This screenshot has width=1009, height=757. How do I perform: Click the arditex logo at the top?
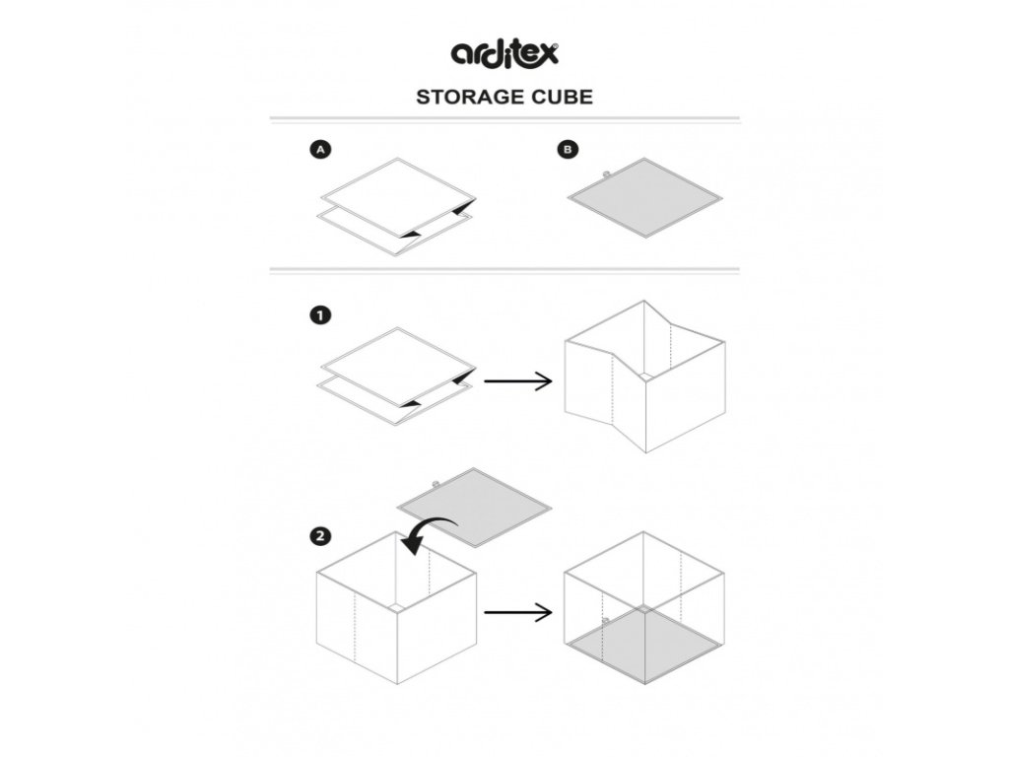coord(504,51)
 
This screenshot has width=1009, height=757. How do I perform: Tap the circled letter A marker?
coord(319,151)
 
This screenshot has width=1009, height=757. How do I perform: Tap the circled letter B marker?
coord(569,151)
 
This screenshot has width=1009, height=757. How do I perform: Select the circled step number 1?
coord(319,316)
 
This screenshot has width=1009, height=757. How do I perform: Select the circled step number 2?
coord(319,537)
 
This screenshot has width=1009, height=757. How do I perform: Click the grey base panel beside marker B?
coord(644,196)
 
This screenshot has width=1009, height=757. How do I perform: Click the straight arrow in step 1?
coord(520,380)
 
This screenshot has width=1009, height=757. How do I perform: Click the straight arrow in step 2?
coord(518,612)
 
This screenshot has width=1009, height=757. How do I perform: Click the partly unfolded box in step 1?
coord(644,379)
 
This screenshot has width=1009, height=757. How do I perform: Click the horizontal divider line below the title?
coord(504,118)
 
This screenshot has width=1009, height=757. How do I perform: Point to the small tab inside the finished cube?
coord(608,619)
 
